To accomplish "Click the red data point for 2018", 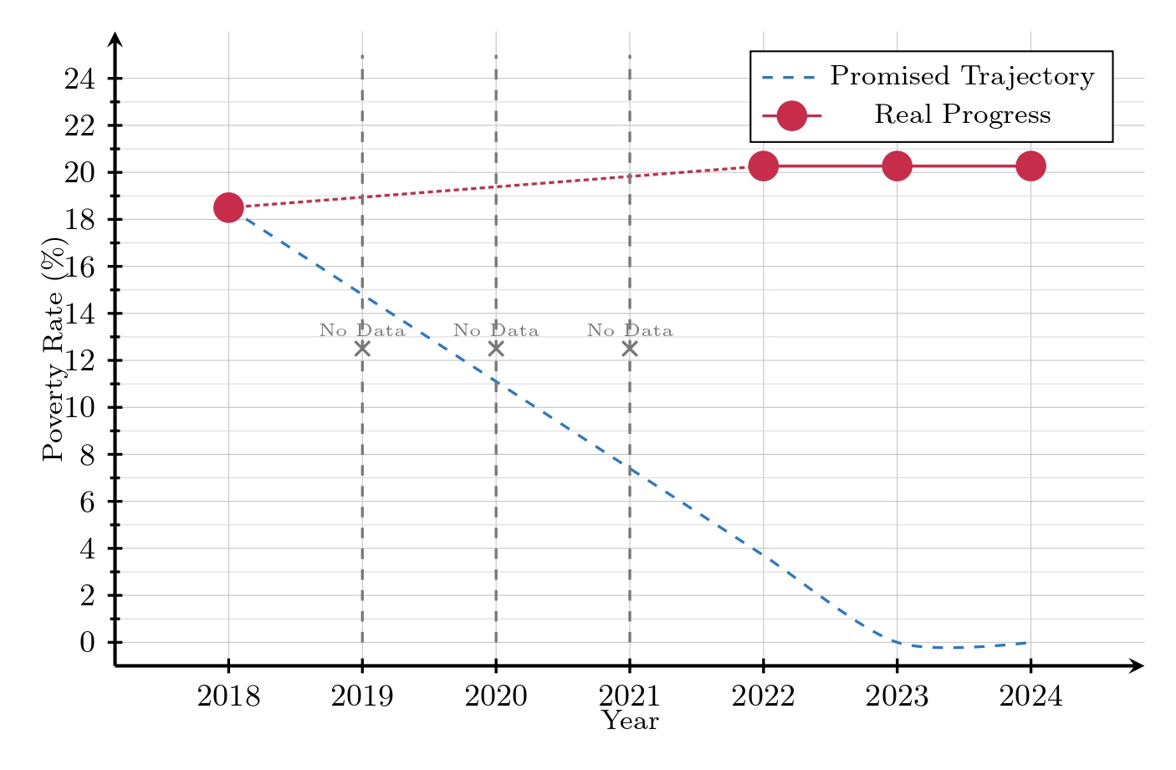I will [228, 207].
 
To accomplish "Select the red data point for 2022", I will [763, 166].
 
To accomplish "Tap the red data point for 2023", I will [897, 166].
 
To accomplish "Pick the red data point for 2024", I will [1030, 166].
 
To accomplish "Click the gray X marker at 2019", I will [362, 349].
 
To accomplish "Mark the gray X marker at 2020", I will [496, 349].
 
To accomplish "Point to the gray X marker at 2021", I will [630, 349].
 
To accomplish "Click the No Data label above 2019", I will [362, 330].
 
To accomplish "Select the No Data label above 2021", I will [630, 330].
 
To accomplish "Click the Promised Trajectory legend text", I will [962, 76].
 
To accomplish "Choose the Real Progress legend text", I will [962, 115].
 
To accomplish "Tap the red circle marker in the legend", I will [791, 115].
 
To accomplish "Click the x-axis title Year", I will [630, 721].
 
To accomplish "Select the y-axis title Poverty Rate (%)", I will [54, 349].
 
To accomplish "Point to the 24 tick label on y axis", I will [79, 79].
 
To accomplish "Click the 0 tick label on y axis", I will [87, 643].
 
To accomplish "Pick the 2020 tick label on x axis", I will [496, 696].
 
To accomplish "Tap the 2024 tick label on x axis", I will [1030, 696].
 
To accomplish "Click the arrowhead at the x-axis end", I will [1137, 665].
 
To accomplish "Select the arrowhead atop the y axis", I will [115, 39].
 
